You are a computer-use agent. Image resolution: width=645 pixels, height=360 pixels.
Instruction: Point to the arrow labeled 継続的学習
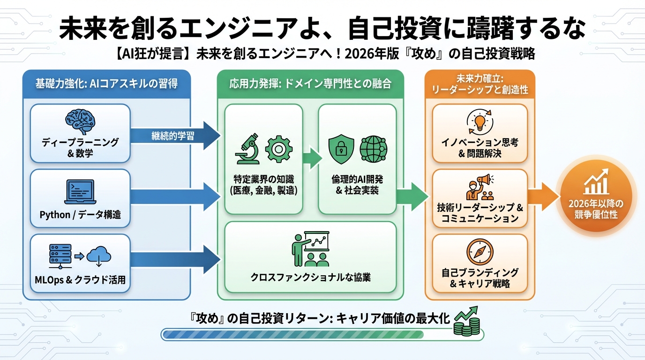coord(173,136)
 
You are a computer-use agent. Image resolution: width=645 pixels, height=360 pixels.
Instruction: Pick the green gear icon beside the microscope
coord(279,150)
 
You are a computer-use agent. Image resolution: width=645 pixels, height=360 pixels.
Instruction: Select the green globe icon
coord(373,149)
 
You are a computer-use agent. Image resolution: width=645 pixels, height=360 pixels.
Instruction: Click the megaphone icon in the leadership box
coord(483,180)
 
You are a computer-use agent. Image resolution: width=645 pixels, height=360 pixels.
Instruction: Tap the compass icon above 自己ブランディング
coord(480,251)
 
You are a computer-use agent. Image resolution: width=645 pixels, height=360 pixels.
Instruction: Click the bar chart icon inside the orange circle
coord(595,184)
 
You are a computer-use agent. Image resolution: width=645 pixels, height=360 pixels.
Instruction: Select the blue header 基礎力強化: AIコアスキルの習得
coord(106,83)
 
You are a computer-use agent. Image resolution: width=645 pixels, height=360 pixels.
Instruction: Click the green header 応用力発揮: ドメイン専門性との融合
coord(310,83)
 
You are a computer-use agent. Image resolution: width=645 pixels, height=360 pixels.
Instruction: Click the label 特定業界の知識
coord(264,180)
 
